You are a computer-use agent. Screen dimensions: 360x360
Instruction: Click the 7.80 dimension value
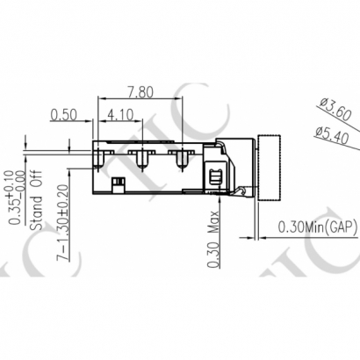pyautogui.click(x=141, y=91)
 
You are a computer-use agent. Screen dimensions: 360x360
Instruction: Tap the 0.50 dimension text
pyautogui.click(x=62, y=114)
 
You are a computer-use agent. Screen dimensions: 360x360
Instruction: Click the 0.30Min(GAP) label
pyautogui.click(x=313, y=227)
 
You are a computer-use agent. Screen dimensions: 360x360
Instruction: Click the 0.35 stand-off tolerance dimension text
pyautogui.click(x=16, y=198)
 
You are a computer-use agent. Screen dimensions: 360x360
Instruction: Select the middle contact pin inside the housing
pyautogui.click(x=140, y=159)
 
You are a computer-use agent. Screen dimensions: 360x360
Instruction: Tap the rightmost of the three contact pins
pyautogui.click(x=182, y=159)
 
